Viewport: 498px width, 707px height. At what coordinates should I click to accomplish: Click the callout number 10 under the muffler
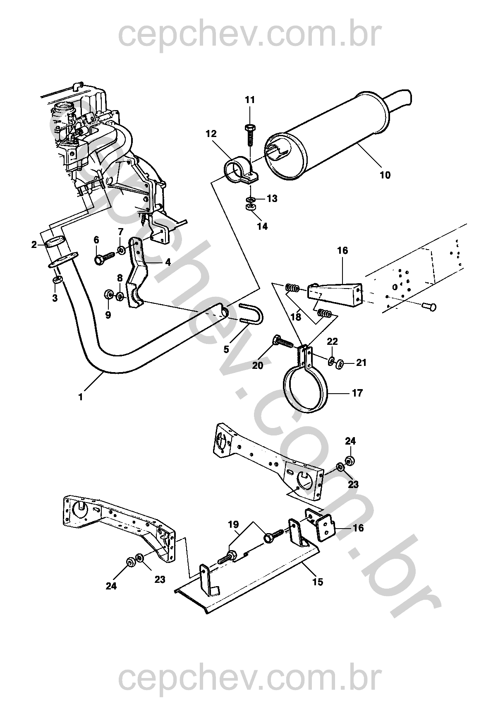pos(385,175)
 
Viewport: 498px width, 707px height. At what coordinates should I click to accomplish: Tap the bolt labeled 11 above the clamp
pos(250,135)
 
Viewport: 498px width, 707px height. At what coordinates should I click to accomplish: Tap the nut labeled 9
pos(108,294)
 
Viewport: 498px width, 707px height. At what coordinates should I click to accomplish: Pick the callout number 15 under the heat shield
pos(318,582)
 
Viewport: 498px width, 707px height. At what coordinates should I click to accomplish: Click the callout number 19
pos(233,524)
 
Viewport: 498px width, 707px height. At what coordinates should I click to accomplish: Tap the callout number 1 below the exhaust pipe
pos(81,397)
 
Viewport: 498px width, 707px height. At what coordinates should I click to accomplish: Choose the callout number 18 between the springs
pos(296,316)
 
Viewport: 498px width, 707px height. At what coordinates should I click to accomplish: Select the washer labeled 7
pos(121,250)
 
